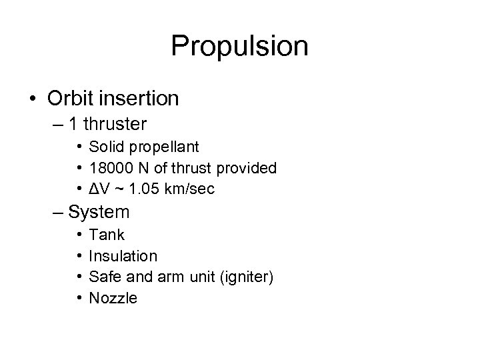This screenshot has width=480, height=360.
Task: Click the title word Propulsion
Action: coord(239,47)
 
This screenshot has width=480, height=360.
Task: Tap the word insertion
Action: coord(140,99)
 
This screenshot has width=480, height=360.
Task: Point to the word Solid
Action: coord(107,147)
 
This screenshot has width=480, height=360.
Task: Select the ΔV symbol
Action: coord(97,189)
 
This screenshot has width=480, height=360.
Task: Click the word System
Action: coord(99,213)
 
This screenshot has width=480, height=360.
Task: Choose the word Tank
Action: coord(107,235)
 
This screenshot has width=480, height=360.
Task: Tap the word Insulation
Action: coord(123,256)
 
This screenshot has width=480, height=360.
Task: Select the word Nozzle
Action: coord(113,299)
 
